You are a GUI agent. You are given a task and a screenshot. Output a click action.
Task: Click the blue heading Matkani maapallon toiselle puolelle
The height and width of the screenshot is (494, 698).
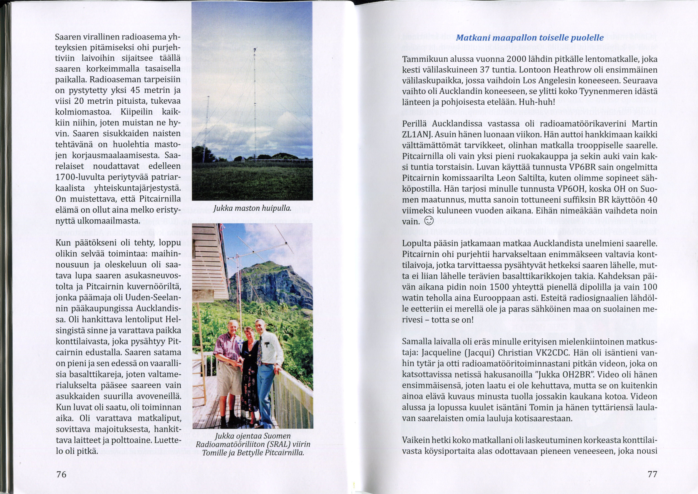(x=530, y=38)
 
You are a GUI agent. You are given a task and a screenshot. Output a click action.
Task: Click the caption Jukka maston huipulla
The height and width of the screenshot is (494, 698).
(x=252, y=208)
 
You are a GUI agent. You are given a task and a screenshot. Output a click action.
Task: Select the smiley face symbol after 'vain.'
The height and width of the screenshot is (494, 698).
(x=429, y=221)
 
